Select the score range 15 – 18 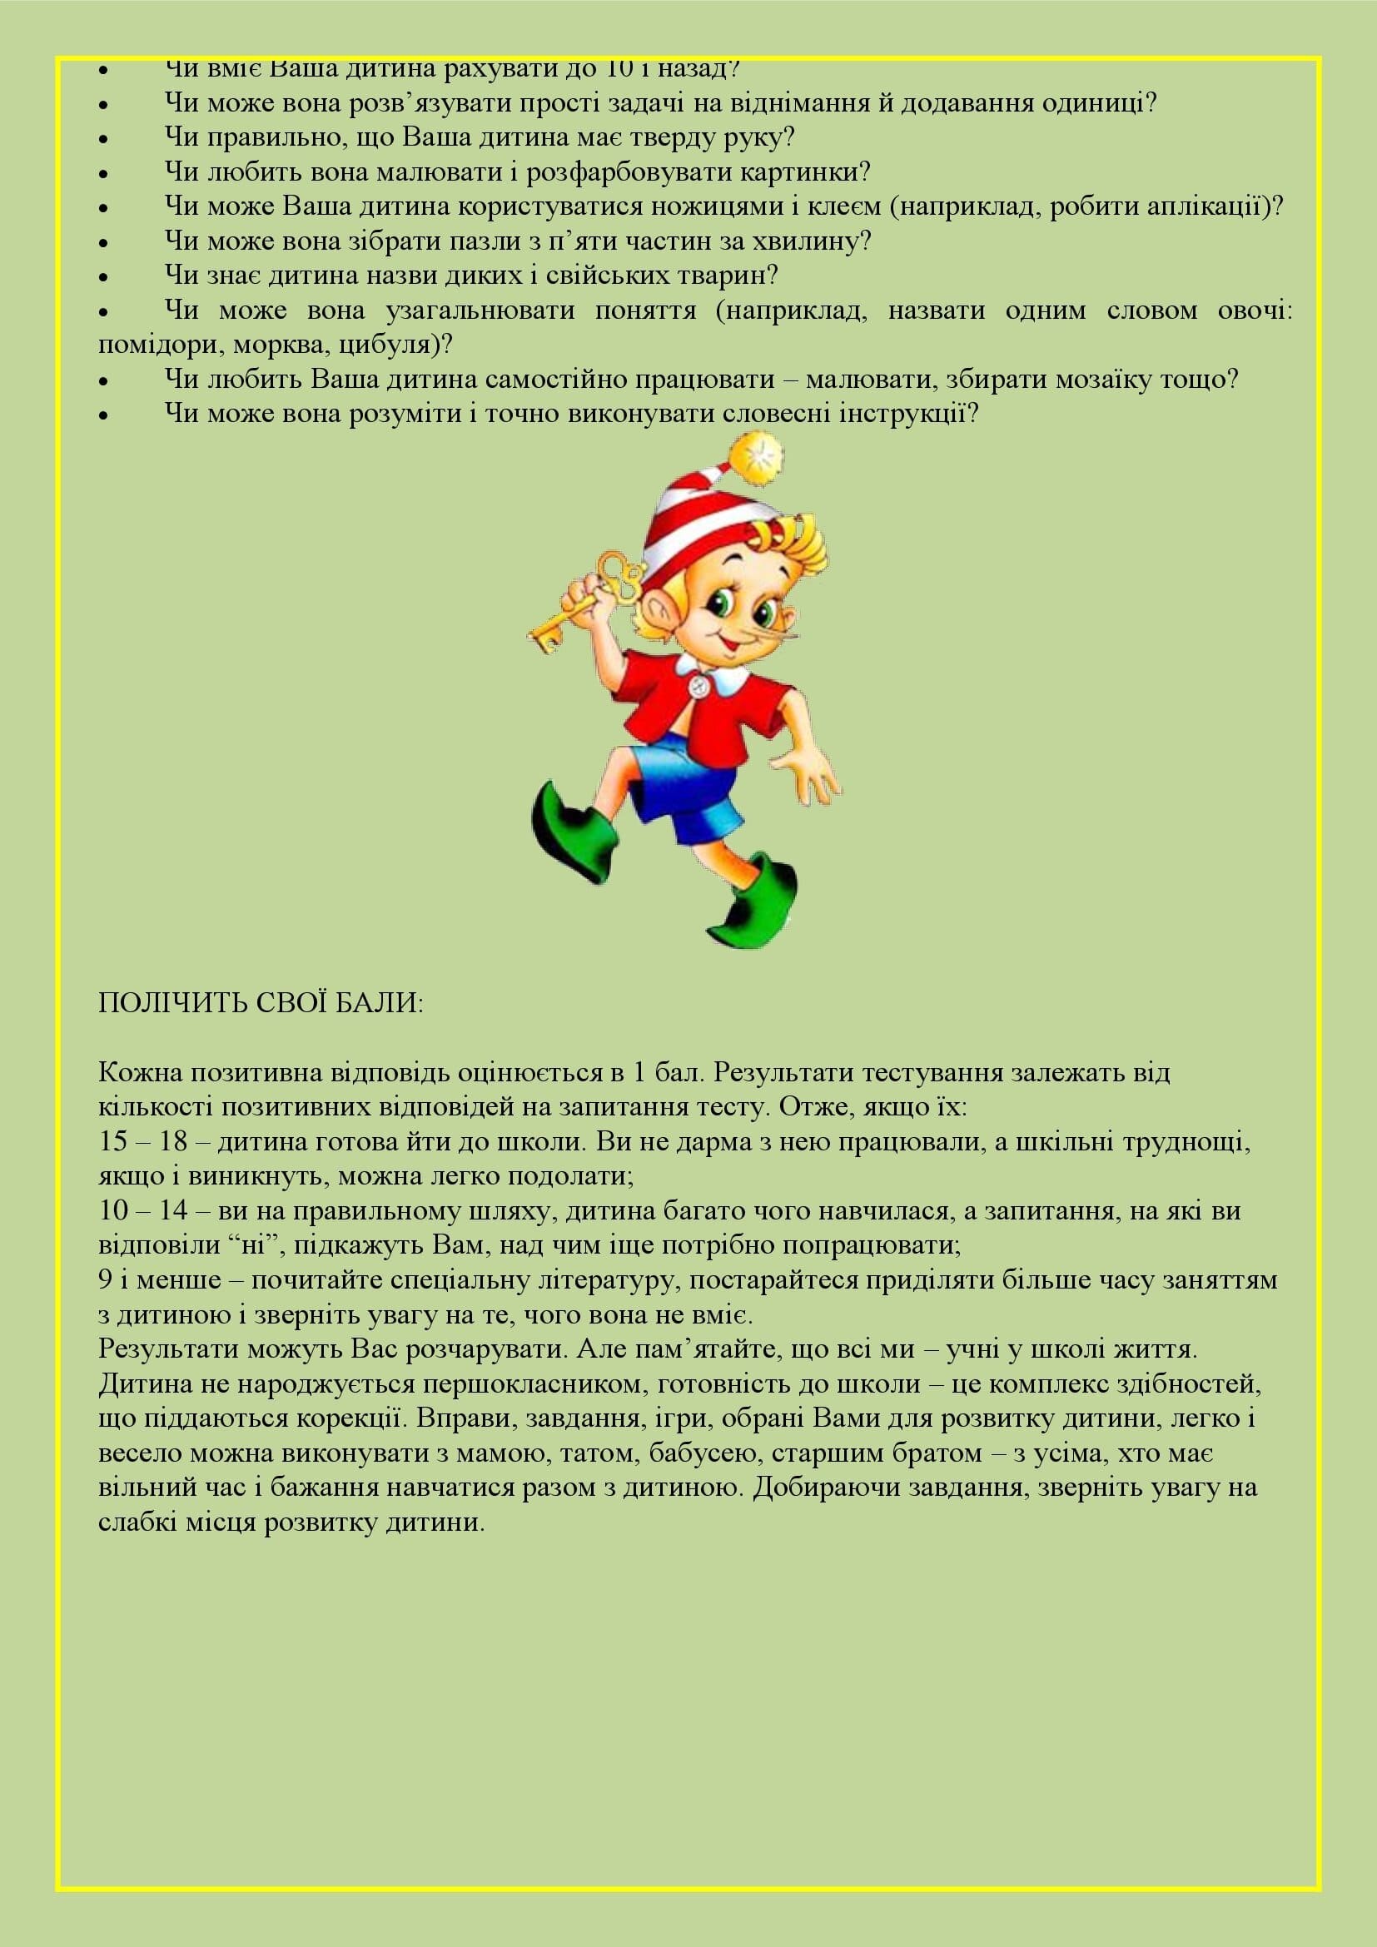(x=142, y=1141)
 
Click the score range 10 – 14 (x=142, y=1210)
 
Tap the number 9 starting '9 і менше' (x=106, y=1279)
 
